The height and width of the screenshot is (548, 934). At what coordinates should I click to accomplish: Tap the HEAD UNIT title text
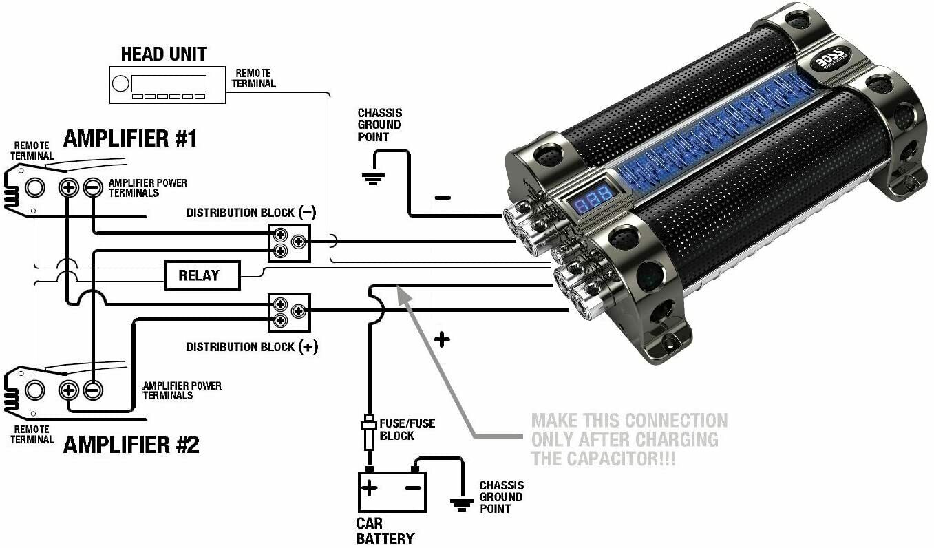point(164,54)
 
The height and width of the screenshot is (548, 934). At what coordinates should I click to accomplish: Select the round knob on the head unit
point(120,84)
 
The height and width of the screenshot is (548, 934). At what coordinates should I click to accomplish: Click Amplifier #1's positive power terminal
point(68,187)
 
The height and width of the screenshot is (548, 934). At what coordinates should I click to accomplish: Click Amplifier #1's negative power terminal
point(92,187)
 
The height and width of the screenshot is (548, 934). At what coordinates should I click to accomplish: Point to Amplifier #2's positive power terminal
point(68,390)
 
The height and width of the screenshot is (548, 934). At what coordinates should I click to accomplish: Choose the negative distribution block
point(288,242)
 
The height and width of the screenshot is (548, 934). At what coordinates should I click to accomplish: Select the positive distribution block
point(288,312)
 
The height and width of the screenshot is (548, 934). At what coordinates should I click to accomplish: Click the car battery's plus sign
point(370,488)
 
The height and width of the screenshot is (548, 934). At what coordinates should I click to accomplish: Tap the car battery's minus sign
point(412,488)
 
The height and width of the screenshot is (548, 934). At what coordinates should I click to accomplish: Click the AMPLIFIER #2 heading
point(131,445)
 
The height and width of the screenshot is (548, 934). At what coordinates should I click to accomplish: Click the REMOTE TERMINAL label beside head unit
point(253,78)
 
